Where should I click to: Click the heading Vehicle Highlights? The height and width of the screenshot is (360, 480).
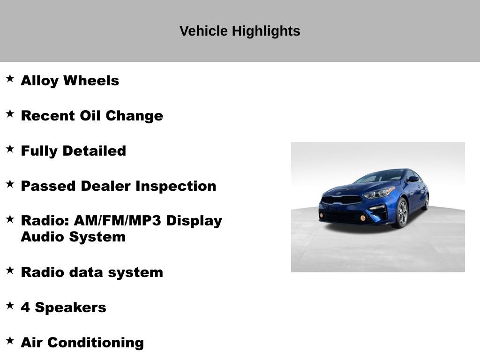240,31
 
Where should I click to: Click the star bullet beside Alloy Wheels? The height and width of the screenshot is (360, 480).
10,78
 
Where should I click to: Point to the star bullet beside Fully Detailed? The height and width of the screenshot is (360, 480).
10,149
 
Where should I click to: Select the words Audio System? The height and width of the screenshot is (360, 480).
73,237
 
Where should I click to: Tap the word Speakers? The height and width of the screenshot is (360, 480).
71,307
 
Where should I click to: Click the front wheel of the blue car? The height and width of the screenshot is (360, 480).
400,213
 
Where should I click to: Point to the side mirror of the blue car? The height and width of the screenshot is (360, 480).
412,179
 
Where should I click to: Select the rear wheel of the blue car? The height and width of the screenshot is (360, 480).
426,202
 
